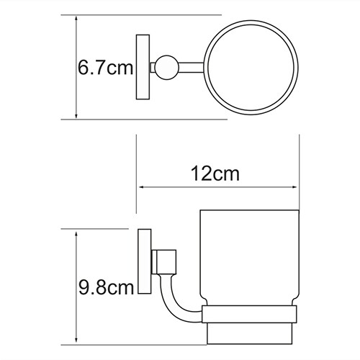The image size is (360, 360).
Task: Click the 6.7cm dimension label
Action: tap(105, 68)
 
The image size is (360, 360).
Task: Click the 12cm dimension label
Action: tap(215, 174)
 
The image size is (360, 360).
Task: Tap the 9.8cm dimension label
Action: tap(106, 287)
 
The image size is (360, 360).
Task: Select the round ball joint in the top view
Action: tap(167, 68)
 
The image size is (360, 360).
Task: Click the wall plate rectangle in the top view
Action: tap(143, 67)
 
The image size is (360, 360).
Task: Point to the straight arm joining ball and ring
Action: tap(192, 68)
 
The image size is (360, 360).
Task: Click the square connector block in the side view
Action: tap(164, 262)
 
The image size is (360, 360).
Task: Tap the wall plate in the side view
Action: tap(145, 261)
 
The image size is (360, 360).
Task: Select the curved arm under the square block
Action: tap(177, 300)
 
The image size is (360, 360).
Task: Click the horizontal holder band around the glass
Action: tap(249, 314)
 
